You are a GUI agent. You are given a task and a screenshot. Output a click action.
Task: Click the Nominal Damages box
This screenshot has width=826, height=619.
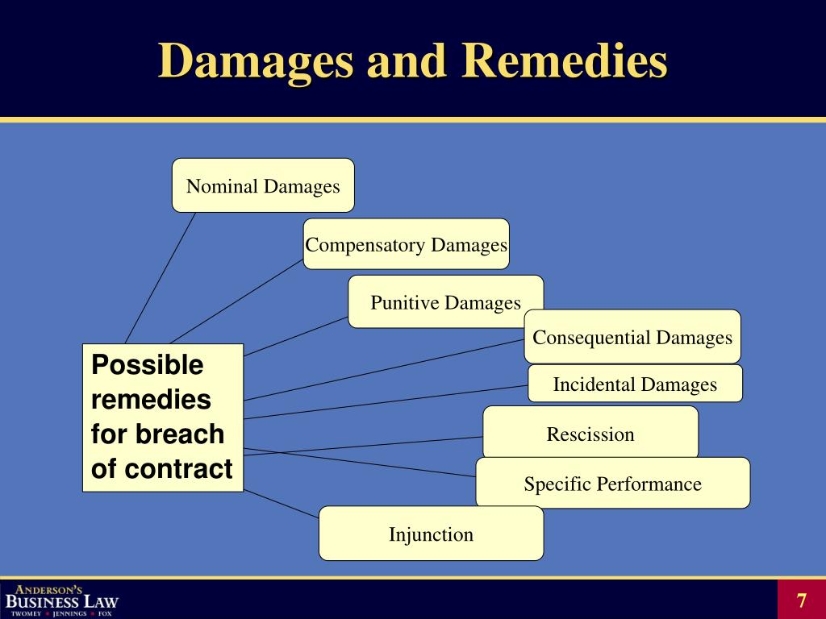click(263, 185)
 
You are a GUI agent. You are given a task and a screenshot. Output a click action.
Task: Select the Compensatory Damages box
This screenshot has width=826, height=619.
click(407, 244)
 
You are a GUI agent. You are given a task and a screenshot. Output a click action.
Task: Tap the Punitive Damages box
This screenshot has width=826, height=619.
click(445, 302)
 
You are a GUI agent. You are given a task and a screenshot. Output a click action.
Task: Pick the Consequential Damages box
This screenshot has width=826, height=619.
click(632, 337)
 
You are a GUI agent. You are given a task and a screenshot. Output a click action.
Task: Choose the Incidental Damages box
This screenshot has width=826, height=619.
click(635, 384)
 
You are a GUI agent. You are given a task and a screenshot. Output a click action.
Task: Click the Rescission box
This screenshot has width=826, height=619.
click(590, 434)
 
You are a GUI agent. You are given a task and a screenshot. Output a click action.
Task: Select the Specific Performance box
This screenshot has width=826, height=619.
click(612, 484)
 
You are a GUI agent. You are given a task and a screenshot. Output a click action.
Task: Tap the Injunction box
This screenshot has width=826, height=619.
click(431, 534)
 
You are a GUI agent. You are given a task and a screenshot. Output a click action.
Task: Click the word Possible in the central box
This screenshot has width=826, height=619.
click(147, 365)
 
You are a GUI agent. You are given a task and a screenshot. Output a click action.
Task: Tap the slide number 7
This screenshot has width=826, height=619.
click(801, 600)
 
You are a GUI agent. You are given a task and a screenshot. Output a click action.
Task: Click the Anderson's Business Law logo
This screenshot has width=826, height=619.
click(61, 599)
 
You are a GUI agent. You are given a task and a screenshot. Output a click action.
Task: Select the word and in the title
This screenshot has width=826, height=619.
click(407, 61)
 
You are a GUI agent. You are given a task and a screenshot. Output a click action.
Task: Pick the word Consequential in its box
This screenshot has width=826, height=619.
click(591, 337)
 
